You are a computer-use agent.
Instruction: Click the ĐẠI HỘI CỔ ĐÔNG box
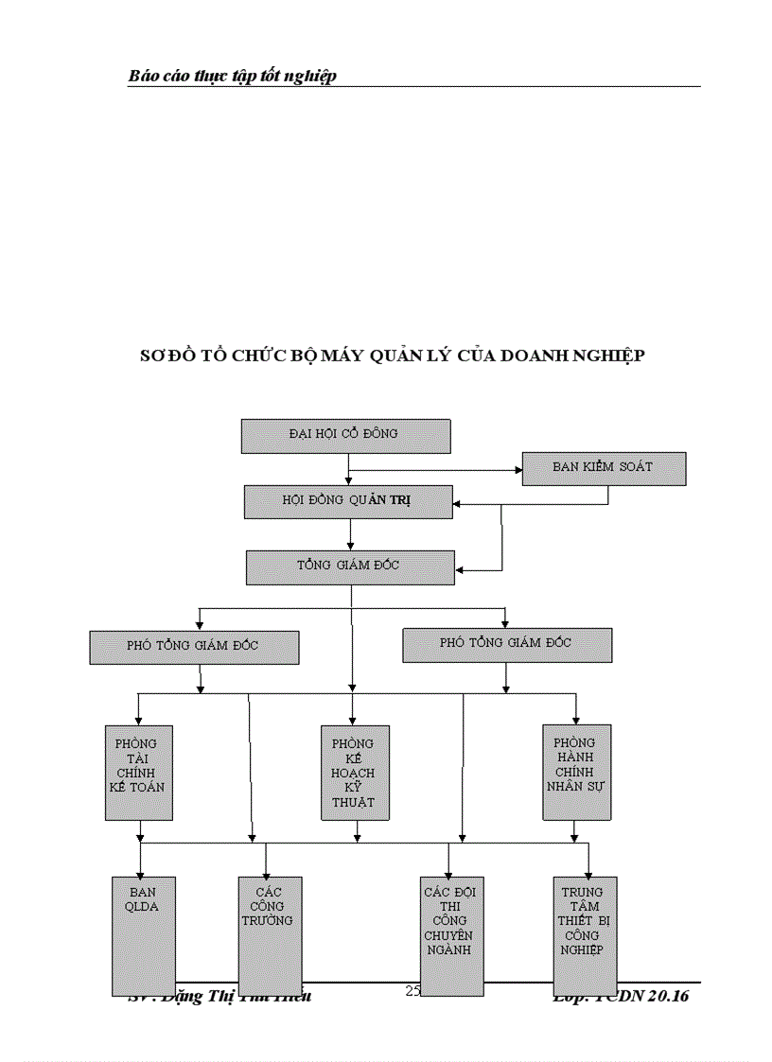(x=345, y=435)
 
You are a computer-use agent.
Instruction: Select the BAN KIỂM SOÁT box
(x=604, y=468)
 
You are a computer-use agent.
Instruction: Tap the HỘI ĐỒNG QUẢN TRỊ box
(x=348, y=501)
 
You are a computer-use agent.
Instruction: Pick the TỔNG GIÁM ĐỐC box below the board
(x=349, y=566)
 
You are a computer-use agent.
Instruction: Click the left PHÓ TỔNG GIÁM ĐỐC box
(x=194, y=647)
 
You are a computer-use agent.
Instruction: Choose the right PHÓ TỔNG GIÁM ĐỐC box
(x=507, y=644)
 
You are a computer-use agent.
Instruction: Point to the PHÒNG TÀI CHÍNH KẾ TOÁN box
(x=138, y=772)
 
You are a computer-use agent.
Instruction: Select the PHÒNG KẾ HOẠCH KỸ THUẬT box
(x=354, y=773)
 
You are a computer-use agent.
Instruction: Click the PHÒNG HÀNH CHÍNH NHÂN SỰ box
(x=576, y=772)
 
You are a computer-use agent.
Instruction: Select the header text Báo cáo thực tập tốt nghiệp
(x=233, y=76)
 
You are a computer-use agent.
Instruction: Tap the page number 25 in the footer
(x=412, y=991)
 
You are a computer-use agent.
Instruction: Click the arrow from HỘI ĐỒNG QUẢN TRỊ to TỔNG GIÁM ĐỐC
(x=350, y=534)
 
